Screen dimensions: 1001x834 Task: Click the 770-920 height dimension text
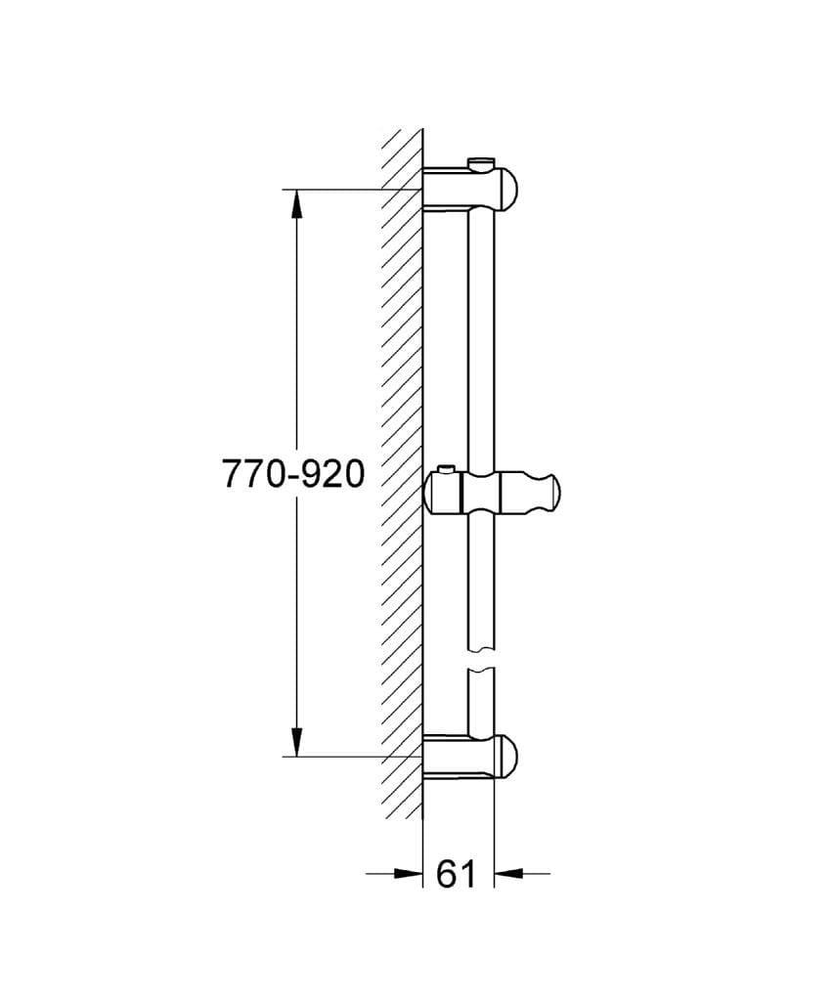coord(293,474)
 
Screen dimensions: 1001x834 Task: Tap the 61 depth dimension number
coord(456,874)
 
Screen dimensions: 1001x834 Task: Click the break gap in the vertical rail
coord(482,661)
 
